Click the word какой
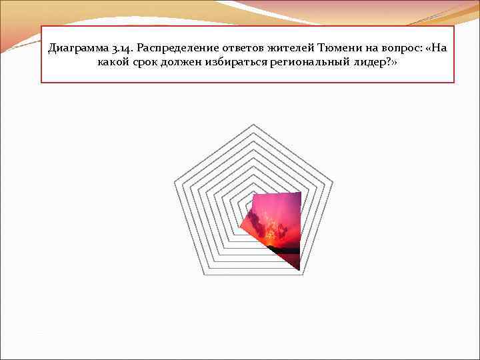(111, 63)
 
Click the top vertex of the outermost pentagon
(253, 125)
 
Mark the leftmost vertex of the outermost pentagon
(174, 181)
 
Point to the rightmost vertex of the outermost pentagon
(333, 181)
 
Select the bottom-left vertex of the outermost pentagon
(204, 274)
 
